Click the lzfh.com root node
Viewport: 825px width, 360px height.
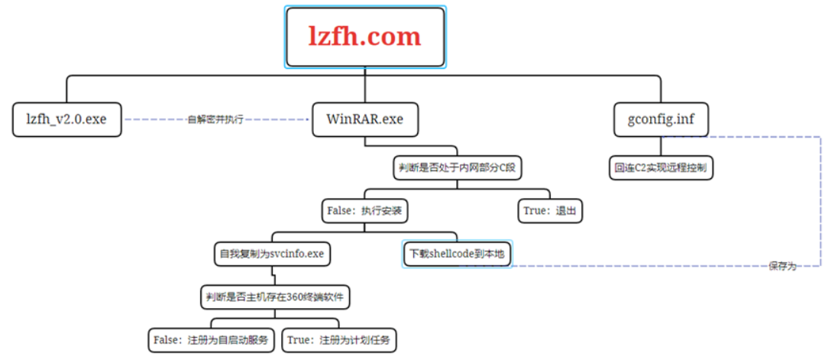[x=364, y=37]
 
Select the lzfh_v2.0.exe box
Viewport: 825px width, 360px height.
[x=67, y=119]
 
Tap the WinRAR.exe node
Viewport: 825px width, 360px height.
[x=364, y=119]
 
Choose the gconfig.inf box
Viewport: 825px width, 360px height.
[x=662, y=119]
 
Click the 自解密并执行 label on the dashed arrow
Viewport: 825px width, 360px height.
[x=215, y=120]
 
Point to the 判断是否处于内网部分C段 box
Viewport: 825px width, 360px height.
[x=457, y=167]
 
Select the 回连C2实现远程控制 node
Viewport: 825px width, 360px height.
[x=661, y=167]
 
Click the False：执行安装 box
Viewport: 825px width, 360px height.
[x=364, y=210]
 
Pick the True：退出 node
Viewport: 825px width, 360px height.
[x=549, y=210]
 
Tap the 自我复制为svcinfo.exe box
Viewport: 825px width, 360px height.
[x=272, y=253]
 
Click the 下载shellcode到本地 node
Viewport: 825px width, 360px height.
[x=457, y=253]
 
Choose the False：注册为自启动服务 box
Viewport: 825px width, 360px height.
[x=211, y=339]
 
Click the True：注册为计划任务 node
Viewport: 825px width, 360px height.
[x=340, y=339]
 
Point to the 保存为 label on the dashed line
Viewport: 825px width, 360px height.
[x=781, y=266]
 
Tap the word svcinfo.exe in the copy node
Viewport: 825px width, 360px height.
[x=297, y=253]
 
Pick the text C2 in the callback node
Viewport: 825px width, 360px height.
[x=641, y=167]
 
